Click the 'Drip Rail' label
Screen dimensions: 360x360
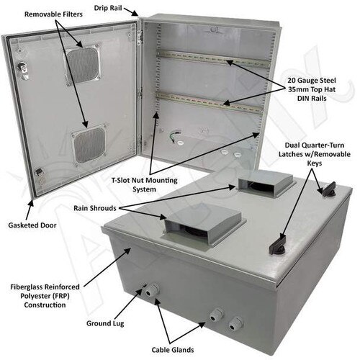click(x=108, y=8)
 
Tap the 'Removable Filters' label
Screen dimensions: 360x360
click(x=53, y=14)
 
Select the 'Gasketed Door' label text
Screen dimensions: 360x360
click(x=32, y=225)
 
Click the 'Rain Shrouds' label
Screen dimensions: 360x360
click(x=95, y=208)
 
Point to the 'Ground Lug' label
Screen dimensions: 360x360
click(x=105, y=323)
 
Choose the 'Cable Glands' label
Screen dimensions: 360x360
click(x=173, y=350)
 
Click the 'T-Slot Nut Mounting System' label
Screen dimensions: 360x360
click(x=145, y=184)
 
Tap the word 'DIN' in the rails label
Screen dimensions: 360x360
click(x=303, y=98)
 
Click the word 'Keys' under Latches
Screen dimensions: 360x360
click(x=315, y=163)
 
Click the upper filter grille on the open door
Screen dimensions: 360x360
click(x=83, y=65)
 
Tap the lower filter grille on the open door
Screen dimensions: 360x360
click(x=89, y=145)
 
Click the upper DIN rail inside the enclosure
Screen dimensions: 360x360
click(x=214, y=60)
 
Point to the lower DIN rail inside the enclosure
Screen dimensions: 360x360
click(x=210, y=103)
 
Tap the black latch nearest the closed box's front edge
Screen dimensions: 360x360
click(x=278, y=245)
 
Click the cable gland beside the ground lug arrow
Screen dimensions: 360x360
click(x=151, y=290)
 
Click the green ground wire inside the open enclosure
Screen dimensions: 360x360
click(x=175, y=137)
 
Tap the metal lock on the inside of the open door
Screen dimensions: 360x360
click(x=23, y=68)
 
